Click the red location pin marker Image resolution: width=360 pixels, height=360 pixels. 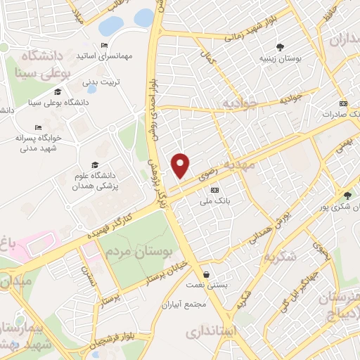click(x=181, y=165)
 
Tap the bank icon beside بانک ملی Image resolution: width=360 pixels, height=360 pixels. click(x=214, y=190)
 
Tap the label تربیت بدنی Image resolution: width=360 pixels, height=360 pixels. click(x=102, y=82)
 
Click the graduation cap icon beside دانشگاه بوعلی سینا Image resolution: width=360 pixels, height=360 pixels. click(x=58, y=91)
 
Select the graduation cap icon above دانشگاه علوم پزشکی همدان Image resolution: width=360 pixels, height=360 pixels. click(x=95, y=165)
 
